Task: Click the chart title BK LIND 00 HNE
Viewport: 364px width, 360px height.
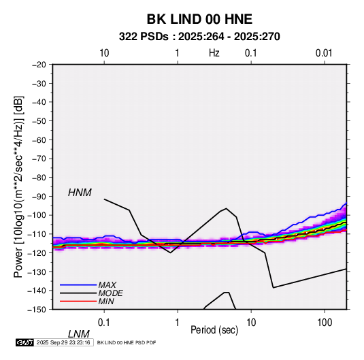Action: [199, 19]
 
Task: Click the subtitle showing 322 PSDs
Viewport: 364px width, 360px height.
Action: [199, 37]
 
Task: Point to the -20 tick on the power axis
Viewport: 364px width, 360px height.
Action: [39, 65]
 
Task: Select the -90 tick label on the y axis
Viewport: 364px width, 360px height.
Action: [39, 196]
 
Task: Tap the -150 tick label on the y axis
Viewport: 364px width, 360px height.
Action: [37, 310]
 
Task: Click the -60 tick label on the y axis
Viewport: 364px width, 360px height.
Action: [39, 140]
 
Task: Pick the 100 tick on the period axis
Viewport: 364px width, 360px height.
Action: [325, 323]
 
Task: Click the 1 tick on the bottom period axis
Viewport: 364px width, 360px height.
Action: [178, 323]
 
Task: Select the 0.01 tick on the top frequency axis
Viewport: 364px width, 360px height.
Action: [324, 53]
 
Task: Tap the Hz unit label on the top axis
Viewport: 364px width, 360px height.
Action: [214, 53]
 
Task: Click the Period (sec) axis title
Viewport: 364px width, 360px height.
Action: [214, 330]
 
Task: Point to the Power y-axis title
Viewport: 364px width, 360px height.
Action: [18, 187]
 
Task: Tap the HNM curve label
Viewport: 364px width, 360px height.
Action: [80, 193]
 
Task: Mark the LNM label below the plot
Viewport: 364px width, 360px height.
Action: [79, 334]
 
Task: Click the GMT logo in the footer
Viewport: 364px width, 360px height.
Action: [24, 342]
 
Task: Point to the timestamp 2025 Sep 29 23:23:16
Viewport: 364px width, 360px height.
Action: [63, 342]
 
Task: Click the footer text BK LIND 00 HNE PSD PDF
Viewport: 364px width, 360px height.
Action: [127, 342]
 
